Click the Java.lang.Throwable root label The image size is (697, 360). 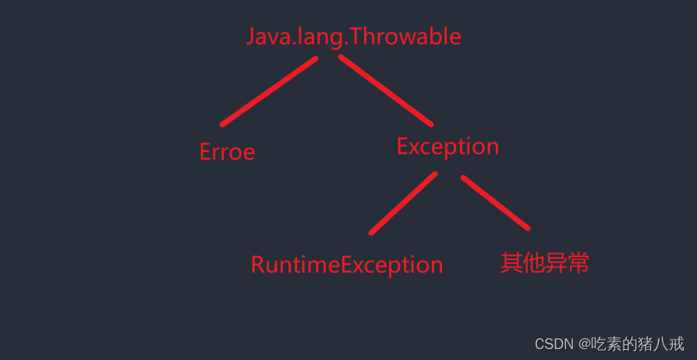(x=353, y=37)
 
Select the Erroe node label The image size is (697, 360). (x=227, y=152)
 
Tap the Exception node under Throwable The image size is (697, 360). (x=448, y=146)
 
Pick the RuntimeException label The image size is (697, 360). (x=346, y=265)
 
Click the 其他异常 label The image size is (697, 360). (x=544, y=263)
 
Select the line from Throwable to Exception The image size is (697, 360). (x=385, y=91)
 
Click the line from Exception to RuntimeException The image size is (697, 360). (x=403, y=203)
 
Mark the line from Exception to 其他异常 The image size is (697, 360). (x=495, y=203)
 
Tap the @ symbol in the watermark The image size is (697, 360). (x=584, y=344)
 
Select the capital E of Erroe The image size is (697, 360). (x=206, y=152)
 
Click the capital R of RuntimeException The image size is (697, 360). (x=258, y=265)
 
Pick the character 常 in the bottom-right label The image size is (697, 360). (x=578, y=263)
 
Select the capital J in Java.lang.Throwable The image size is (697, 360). (x=250, y=37)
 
